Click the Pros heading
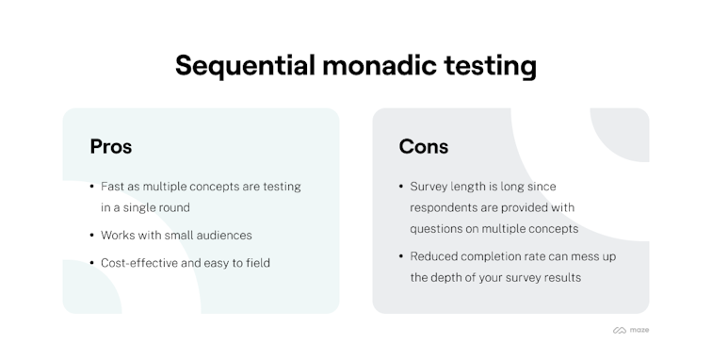tap(110, 146)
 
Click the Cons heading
tap(424, 146)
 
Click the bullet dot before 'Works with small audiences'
tap(91, 235)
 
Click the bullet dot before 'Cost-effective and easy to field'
tap(91, 263)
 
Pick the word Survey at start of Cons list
tap(430, 187)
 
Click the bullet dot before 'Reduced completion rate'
tap(400, 256)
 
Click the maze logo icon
tap(620, 330)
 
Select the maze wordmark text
tap(639, 330)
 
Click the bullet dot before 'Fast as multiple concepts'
tap(91, 187)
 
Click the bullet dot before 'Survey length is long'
tap(400, 187)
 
